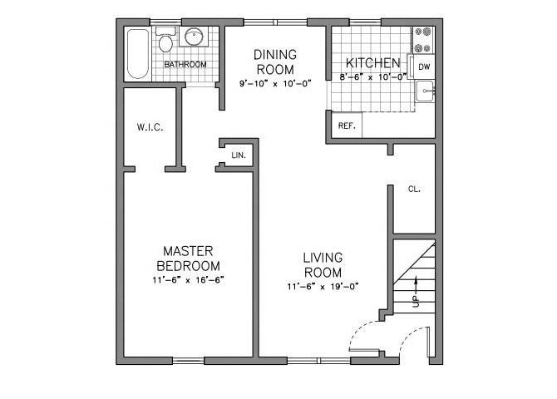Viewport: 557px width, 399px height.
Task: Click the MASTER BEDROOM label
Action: coord(189,258)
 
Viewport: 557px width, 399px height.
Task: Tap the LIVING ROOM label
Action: coord(323,265)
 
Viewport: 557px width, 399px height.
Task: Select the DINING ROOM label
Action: coord(275,62)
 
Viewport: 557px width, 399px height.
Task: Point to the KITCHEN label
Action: coord(373,63)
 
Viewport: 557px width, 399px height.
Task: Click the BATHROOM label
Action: coord(185,64)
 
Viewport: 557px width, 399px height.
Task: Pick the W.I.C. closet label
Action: coord(150,127)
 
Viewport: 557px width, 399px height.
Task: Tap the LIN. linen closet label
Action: coord(238,155)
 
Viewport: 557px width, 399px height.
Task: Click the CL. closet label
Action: coord(414,189)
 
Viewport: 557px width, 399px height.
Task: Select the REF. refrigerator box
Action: coord(347,126)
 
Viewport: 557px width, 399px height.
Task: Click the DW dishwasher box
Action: coord(424,66)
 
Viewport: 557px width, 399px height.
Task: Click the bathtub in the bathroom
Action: coord(137,54)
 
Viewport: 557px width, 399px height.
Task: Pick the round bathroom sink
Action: coord(195,37)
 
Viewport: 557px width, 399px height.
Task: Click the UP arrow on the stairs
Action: coord(415,294)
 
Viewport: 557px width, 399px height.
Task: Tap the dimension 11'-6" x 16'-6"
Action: coord(189,279)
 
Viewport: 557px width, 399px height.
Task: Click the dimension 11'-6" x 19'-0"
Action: coord(323,287)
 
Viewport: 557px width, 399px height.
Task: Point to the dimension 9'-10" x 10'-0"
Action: coord(275,84)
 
